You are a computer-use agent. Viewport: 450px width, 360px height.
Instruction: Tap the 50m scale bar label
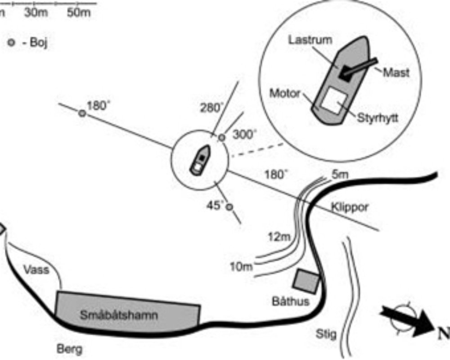coord(79,13)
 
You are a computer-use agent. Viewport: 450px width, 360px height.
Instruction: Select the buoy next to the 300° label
coord(221,137)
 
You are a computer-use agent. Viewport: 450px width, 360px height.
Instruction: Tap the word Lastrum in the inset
coord(310,40)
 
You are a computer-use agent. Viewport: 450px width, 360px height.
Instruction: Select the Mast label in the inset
coord(396,72)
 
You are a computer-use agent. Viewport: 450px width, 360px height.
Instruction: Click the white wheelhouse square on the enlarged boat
coord(335,100)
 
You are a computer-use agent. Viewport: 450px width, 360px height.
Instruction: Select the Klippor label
coord(350,207)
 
